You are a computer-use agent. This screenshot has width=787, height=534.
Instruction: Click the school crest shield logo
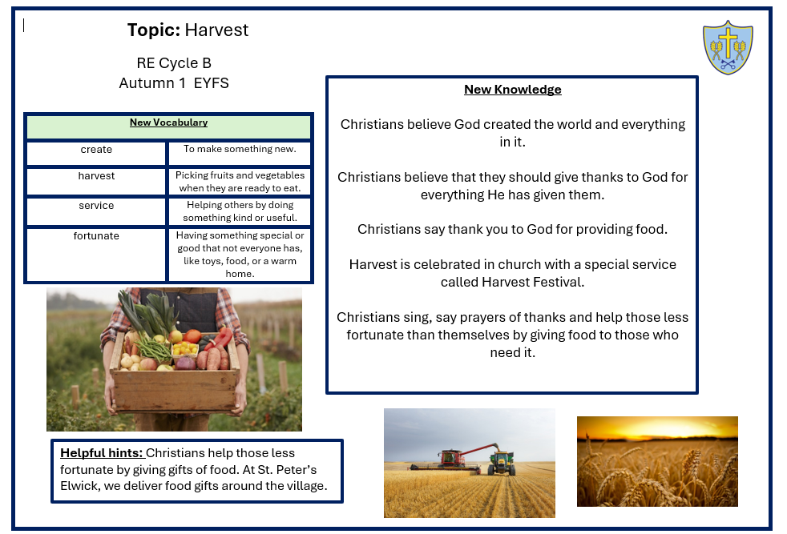coord(728,47)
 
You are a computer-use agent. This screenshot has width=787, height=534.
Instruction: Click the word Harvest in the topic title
coord(216,30)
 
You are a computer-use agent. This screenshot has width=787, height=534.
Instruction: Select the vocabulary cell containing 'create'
coord(96,153)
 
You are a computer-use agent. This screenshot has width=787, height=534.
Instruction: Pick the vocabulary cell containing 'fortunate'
coord(96,255)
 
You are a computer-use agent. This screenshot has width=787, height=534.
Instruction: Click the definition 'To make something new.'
coord(240,149)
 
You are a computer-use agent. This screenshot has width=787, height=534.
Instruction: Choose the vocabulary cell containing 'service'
coord(96,211)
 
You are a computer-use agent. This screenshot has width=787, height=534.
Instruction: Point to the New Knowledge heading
coord(512,89)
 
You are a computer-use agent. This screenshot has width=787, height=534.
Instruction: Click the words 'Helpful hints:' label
coord(102,453)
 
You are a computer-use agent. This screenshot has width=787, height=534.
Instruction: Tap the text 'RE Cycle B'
coord(174,63)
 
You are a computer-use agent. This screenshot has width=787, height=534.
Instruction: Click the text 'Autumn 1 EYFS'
coord(174,83)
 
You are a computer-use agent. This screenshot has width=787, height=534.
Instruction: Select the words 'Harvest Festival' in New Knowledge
coord(533,283)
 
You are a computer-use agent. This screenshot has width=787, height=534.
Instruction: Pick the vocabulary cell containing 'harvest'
coord(96,181)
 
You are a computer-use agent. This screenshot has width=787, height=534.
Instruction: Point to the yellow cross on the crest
coord(728,42)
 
